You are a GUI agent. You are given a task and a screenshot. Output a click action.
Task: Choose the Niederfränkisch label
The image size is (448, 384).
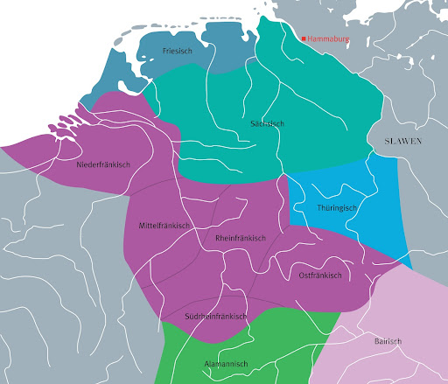(103, 164)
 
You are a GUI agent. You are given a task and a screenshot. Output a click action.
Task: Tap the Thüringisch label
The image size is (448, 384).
(337, 207)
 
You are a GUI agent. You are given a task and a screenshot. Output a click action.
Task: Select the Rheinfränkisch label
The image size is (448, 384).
(240, 238)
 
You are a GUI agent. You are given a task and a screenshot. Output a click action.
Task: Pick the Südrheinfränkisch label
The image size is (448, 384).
(215, 316)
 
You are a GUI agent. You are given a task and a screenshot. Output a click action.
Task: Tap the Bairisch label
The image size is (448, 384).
(387, 342)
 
